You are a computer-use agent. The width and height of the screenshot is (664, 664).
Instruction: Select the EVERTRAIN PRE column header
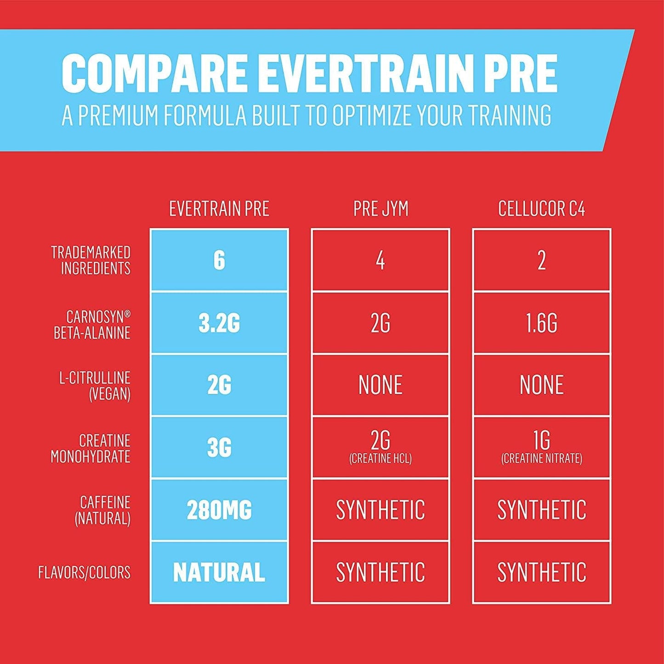pyautogui.click(x=219, y=209)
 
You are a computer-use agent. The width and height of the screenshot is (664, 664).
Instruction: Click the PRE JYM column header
pyautogui.click(x=380, y=209)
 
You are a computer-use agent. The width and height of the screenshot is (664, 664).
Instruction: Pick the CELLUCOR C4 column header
pyautogui.click(x=542, y=209)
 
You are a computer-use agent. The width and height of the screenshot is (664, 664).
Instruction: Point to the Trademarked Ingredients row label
pyautogui.click(x=91, y=260)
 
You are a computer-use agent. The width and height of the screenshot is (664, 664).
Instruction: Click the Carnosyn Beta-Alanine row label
pyautogui.click(x=92, y=324)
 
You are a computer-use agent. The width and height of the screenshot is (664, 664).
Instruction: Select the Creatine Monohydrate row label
pyautogui.click(x=91, y=448)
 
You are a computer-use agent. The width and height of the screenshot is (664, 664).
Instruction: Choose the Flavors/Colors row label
pyautogui.click(x=85, y=573)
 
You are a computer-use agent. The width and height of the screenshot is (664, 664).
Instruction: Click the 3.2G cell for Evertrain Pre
pyautogui.click(x=219, y=323)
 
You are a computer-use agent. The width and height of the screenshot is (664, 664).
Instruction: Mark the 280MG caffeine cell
pyautogui.click(x=219, y=510)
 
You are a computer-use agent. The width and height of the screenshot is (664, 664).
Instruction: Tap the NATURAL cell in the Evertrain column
pyautogui.click(x=219, y=573)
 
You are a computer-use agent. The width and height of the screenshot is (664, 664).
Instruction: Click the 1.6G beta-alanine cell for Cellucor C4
pyautogui.click(x=542, y=323)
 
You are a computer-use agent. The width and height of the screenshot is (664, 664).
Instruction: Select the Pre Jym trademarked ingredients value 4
pyautogui.click(x=380, y=261)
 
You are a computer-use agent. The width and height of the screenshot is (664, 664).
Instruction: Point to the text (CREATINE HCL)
pyautogui.click(x=380, y=459)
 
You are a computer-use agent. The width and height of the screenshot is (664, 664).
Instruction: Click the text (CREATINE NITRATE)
pyautogui.click(x=542, y=459)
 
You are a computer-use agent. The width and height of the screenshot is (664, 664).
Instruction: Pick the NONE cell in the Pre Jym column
pyautogui.click(x=380, y=385)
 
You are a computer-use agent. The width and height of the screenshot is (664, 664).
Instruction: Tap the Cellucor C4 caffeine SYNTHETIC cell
pyautogui.click(x=542, y=510)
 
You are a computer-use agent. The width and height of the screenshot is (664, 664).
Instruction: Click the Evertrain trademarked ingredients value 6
pyautogui.click(x=219, y=261)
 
